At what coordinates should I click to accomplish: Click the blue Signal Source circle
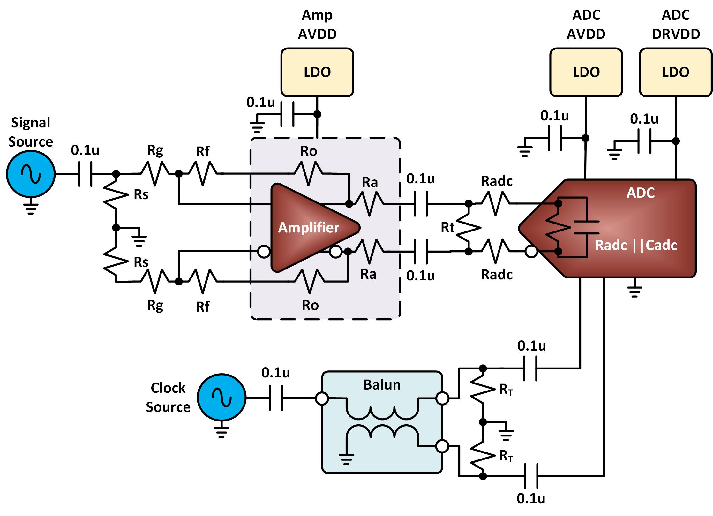(x=31, y=174)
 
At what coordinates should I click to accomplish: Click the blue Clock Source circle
(x=221, y=397)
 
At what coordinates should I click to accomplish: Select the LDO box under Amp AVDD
(x=317, y=72)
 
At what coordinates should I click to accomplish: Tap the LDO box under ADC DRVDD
(x=676, y=72)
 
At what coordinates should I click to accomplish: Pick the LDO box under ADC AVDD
(x=586, y=72)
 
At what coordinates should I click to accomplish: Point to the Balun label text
(x=382, y=385)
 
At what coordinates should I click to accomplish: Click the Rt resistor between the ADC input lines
(x=468, y=228)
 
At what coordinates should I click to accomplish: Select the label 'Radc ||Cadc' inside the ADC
(x=636, y=245)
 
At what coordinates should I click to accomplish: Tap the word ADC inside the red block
(x=641, y=193)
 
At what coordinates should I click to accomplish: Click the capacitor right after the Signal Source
(x=85, y=174)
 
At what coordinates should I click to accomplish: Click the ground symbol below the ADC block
(x=634, y=291)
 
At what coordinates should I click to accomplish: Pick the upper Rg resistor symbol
(x=155, y=174)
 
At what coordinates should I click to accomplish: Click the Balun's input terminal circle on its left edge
(x=322, y=398)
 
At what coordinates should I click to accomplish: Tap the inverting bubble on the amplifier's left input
(x=264, y=251)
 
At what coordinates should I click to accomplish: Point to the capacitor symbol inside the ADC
(x=586, y=227)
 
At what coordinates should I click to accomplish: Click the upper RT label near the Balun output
(x=506, y=390)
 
